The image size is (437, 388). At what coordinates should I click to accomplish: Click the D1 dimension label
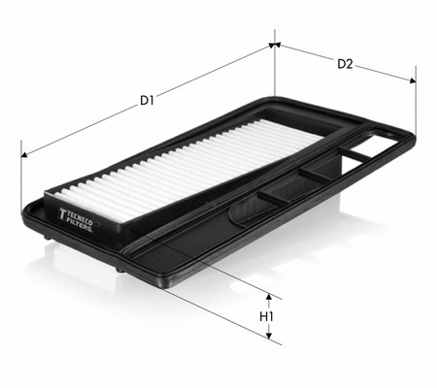(x=147, y=101)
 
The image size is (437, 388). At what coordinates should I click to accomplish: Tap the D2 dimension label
(x=345, y=64)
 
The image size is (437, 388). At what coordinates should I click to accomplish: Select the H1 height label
(x=267, y=316)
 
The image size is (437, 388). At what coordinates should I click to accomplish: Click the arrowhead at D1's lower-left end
(x=24, y=155)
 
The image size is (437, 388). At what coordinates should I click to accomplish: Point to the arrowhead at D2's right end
(x=413, y=81)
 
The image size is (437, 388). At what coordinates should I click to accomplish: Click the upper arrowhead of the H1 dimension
(x=268, y=297)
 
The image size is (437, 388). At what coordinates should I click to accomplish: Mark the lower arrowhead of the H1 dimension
(x=268, y=336)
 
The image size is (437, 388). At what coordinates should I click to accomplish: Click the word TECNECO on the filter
(x=79, y=219)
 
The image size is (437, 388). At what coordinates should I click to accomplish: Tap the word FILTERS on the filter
(x=80, y=225)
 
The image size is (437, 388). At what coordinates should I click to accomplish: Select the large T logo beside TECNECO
(x=62, y=214)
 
